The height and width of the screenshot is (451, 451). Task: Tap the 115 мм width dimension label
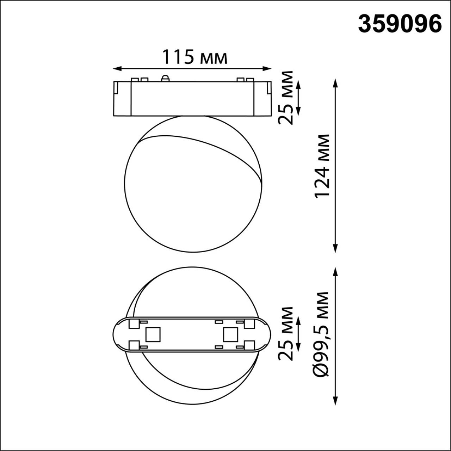pyautogui.click(x=194, y=57)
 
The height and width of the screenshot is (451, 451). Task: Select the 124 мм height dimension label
pyautogui.click(x=322, y=166)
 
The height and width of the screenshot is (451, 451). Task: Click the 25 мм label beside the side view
pyautogui.click(x=285, y=98)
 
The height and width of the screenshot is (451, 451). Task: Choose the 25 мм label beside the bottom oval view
pyautogui.click(x=285, y=333)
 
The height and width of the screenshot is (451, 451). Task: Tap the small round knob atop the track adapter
pyautogui.click(x=165, y=78)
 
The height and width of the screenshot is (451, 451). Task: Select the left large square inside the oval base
pyautogui.click(x=153, y=334)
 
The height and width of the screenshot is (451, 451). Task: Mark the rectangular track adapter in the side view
pyautogui.click(x=192, y=99)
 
